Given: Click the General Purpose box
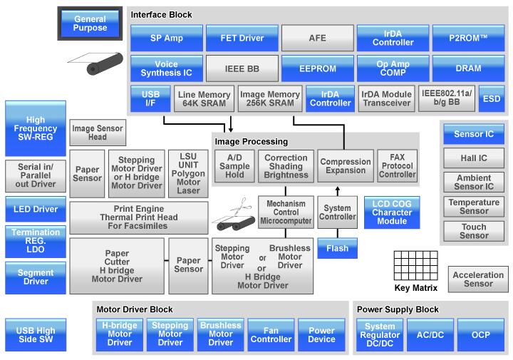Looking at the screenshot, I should pos(90,23).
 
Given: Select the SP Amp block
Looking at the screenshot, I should pos(166,38).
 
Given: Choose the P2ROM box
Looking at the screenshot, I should pos(468,38).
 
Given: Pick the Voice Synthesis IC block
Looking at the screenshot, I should pos(166,68).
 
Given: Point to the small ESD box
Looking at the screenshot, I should pos(491,98).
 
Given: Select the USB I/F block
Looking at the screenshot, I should pos(150,98).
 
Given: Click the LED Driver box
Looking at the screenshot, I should pos(35,209).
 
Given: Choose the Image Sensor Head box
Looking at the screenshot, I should pos(97,133).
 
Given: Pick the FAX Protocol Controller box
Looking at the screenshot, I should pos(397,166).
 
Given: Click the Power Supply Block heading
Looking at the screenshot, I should pos(398,309).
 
